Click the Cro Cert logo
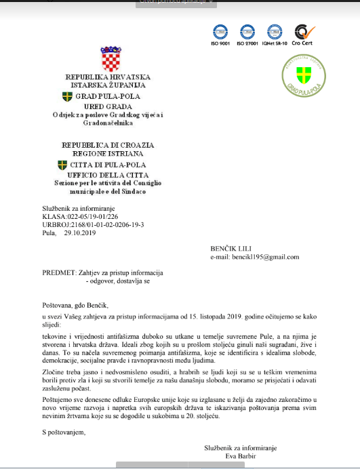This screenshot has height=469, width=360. [x=301, y=32]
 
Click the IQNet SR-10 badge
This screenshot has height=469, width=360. [x=275, y=32]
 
